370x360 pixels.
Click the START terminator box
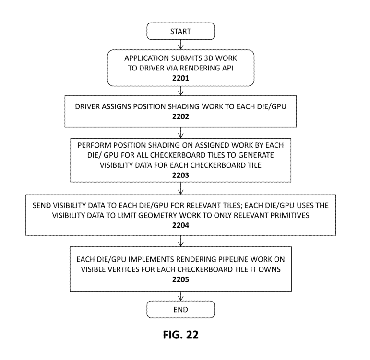point(180,31)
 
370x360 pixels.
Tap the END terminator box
point(180,309)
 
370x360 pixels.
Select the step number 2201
point(180,78)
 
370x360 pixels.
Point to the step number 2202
point(180,116)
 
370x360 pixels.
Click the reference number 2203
point(180,175)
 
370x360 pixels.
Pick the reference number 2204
point(180,225)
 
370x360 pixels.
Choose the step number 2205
point(180,279)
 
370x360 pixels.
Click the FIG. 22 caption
point(180,335)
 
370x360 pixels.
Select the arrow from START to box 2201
point(180,45)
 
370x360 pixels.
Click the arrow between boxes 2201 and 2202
point(180,91)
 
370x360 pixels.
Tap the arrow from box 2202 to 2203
point(180,132)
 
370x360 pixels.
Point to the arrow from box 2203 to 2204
point(180,188)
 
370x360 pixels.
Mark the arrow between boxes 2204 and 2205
point(180,241)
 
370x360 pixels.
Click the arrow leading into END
point(180,296)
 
